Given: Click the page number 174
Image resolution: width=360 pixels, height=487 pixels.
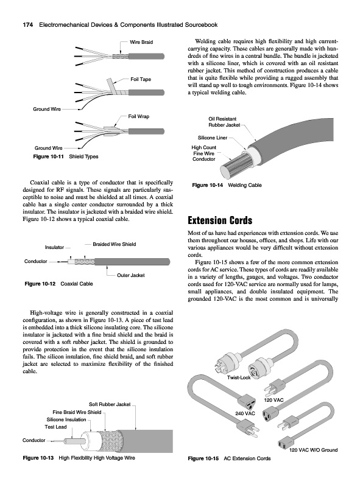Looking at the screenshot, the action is tap(27, 25).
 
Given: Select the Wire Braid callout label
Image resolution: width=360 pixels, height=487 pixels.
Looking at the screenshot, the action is tap(141, 42).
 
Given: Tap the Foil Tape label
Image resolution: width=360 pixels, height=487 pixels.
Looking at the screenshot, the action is tap(141, 79).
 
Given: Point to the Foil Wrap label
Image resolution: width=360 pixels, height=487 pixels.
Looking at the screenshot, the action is tap(139, 116).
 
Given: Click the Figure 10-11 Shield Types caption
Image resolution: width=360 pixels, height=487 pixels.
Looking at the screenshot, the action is tap(66, 156).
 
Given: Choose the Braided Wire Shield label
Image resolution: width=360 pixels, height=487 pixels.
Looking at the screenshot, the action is tap(115, 244).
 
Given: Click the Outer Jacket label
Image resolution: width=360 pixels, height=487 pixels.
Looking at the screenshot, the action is tap(130, 275).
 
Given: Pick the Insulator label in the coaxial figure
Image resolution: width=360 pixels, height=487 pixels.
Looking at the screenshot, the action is tap(54, 247).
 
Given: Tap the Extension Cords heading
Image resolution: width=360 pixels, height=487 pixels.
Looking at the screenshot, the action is tap(220, 220).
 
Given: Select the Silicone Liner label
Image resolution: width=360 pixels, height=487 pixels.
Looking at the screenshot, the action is tap(213, 138).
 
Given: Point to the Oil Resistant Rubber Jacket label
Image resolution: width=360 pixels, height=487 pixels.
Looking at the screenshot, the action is tap(224, 122).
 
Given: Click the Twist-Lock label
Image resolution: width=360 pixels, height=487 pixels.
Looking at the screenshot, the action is tap(239, 377).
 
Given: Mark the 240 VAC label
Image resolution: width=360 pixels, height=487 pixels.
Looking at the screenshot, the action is tap(245, 413).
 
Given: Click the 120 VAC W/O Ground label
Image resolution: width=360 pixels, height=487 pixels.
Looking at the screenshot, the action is tap(313, 450).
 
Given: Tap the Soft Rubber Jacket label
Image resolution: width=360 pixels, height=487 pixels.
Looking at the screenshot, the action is tap(110, 404).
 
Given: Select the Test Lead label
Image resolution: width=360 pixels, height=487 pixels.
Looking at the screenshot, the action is tap(55, 427).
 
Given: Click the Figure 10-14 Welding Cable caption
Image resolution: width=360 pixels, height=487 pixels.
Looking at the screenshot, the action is tap(227, 185).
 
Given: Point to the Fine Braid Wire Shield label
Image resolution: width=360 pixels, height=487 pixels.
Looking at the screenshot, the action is tap(77, 412).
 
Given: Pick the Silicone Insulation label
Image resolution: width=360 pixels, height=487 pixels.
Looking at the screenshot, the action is tap(66, 419).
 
